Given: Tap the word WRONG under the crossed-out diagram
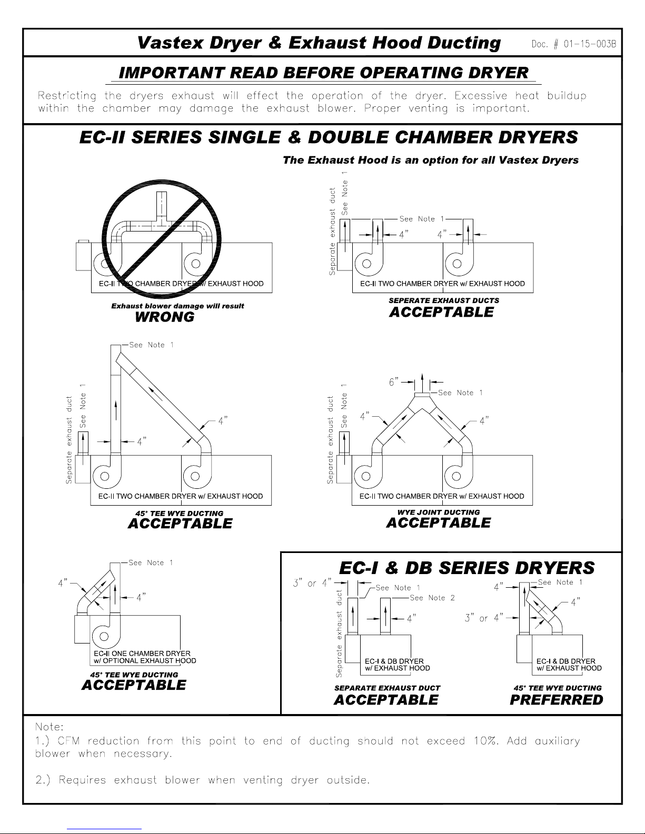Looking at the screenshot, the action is point(165,317).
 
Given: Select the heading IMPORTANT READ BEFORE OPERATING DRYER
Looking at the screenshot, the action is point(324,73).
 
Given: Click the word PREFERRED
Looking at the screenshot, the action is point(557,700).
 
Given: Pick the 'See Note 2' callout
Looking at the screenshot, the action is point(432,598).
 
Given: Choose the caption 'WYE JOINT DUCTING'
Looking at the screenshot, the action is point(439,512).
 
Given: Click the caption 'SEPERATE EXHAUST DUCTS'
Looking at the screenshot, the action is point(444,300).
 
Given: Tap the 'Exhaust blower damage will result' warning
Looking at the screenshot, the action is point(177,306).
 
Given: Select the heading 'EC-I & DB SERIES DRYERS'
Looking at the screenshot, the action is point(467,568).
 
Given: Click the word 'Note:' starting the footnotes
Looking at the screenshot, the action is point(49,727).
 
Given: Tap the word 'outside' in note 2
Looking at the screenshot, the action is point(347,780).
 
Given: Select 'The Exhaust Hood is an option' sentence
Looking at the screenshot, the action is point(431,160).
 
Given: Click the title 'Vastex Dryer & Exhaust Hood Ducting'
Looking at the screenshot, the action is point(319,43).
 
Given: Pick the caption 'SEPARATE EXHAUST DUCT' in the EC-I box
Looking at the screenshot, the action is point(388,688).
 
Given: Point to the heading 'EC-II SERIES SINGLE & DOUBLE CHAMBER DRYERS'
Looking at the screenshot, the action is point(329,138).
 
